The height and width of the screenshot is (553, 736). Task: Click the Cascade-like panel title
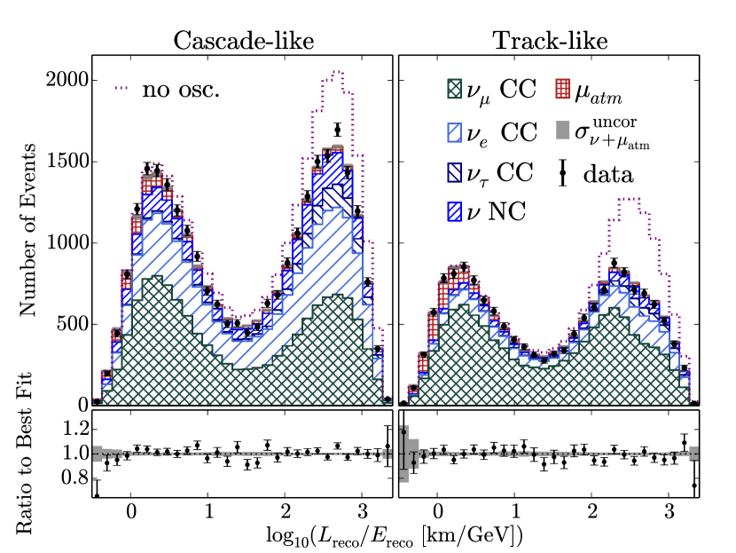243,41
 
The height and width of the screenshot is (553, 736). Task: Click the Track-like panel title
548,41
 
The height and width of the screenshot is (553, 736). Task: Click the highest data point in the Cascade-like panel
338,130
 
